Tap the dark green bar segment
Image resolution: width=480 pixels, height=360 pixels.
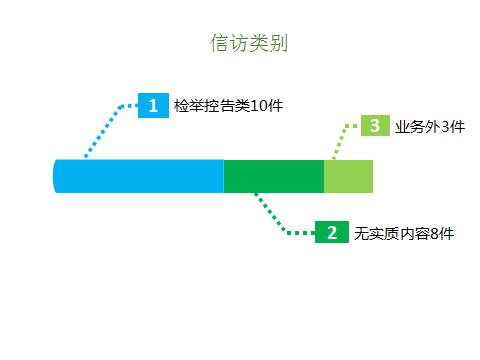pos(273,176)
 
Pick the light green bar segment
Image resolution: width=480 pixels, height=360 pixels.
pos(348,176)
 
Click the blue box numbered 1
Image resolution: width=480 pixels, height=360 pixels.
pos(153,105)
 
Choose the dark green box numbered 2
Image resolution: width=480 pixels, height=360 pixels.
pos(331,232)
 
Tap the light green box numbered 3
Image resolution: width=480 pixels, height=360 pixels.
pos(374,126)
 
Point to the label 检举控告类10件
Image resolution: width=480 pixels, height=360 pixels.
pos(221,105)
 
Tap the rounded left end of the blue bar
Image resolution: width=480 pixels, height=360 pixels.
pos(57,176)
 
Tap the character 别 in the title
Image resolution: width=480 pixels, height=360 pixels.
pos(268,43)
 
